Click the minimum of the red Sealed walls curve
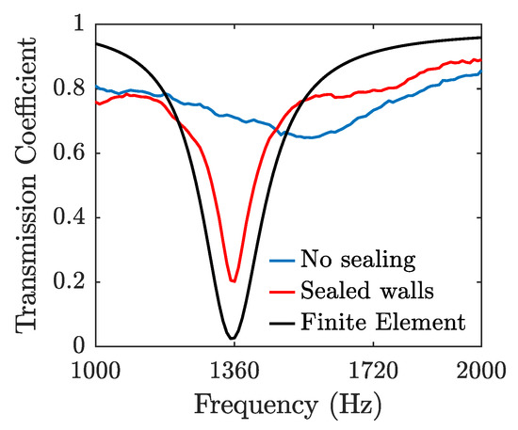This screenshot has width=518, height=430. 233,281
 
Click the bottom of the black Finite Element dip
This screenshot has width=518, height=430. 232,338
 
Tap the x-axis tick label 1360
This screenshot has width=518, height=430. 235,371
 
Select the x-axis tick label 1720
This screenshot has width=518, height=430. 373,371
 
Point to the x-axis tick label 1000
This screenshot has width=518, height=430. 96,371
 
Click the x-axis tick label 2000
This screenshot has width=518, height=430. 481,371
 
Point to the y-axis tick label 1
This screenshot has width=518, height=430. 80,24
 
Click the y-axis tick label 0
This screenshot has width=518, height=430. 79,346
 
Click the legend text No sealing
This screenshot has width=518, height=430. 358,260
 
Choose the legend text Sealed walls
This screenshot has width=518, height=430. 367,291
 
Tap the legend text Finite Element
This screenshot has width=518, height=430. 383,322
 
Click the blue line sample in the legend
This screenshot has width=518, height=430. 282,261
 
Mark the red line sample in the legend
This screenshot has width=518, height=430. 282,292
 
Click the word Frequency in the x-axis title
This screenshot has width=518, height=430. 255,406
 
